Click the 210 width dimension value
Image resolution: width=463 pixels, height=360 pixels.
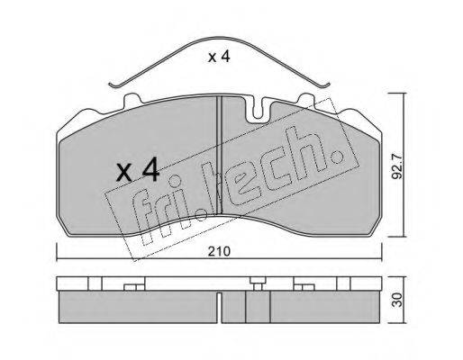[x=220, y=251]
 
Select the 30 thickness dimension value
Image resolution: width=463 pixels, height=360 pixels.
[x=397, y=300]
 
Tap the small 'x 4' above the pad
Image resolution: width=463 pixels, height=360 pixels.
[x=219, y=57]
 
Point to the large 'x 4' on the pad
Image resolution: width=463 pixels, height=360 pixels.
[x=138, y=170]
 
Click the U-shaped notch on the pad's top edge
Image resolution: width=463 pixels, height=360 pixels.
[x=259, y=110]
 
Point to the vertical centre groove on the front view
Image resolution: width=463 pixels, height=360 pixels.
[x=219, y=155]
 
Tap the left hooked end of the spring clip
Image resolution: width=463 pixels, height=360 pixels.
[x=113, y=85]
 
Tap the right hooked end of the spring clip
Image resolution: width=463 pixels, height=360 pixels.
[x=325, y=85]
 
